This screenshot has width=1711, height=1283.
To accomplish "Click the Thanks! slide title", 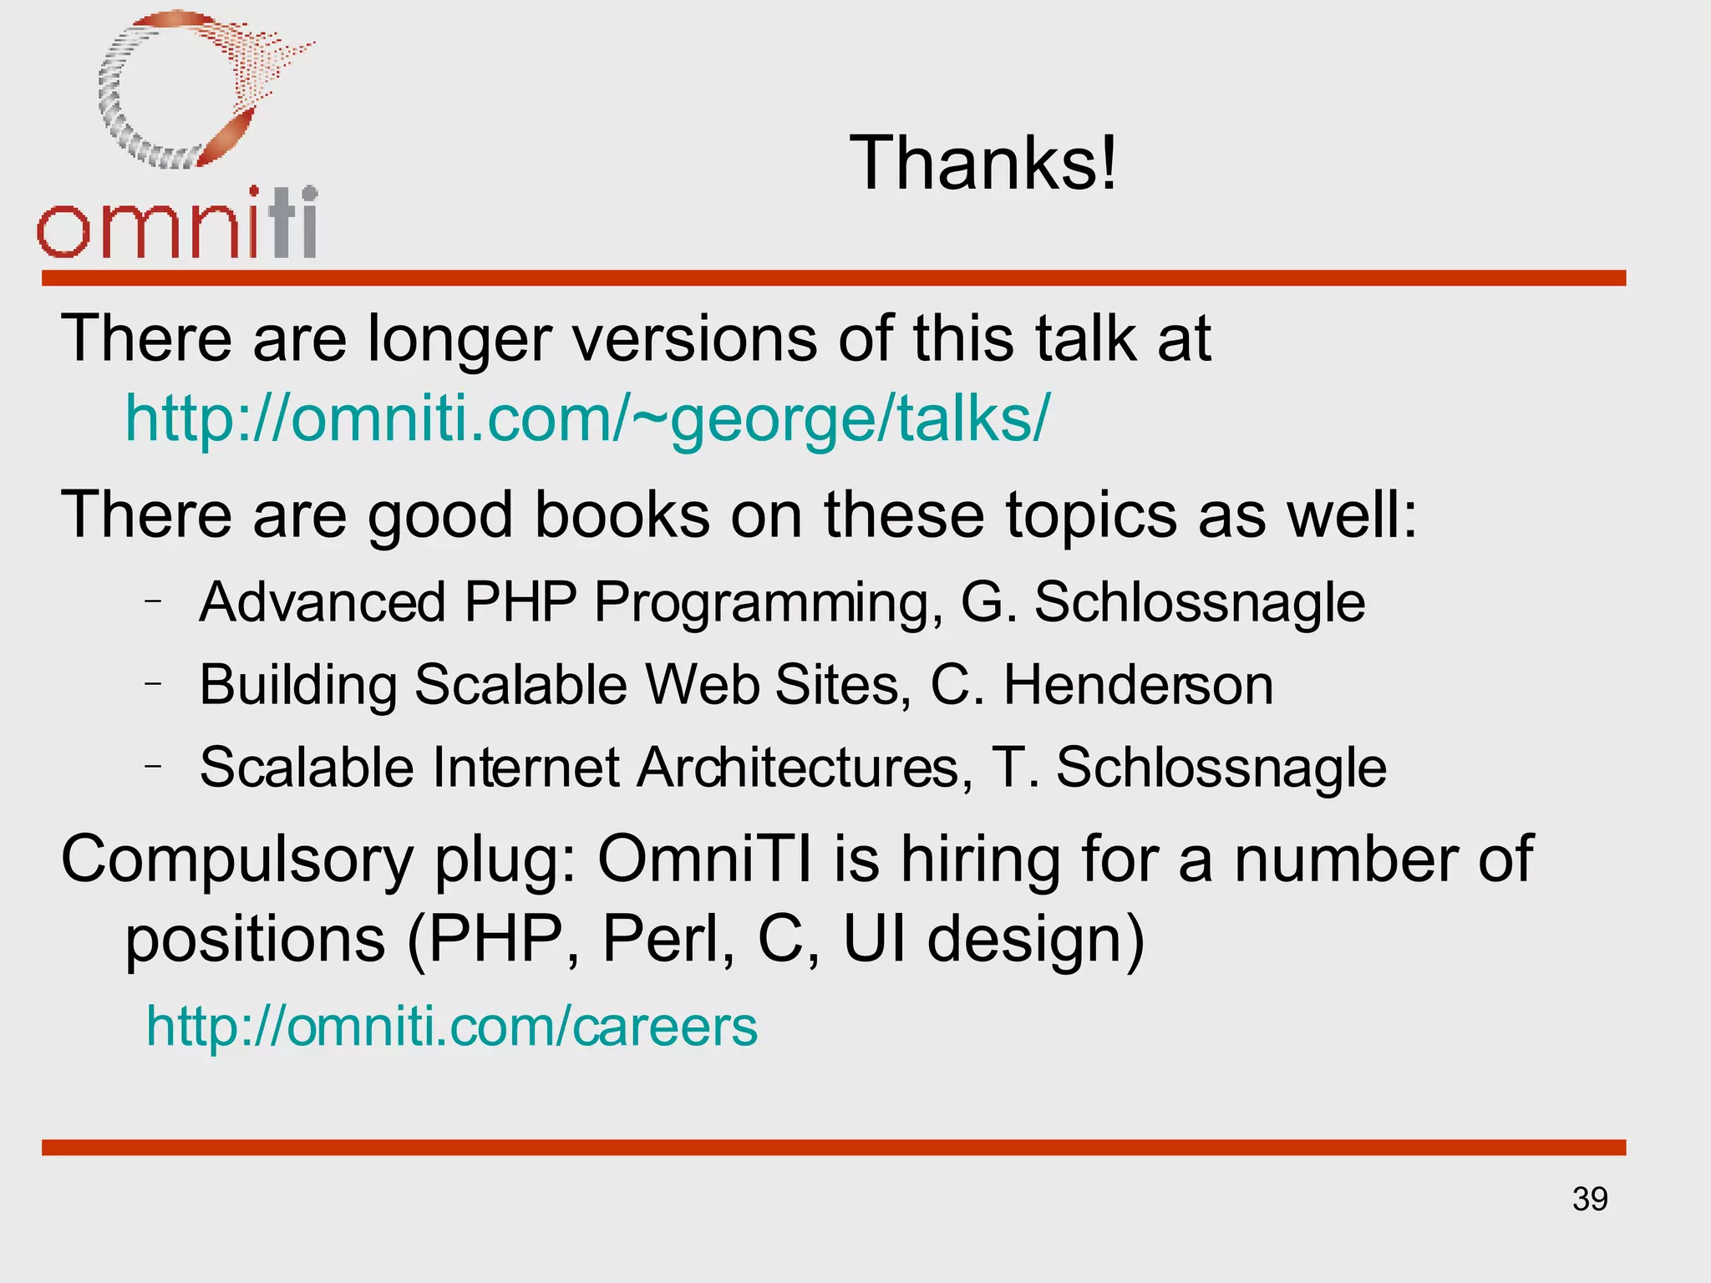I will click(983, 163).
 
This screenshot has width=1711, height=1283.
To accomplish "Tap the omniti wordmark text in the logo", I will click(177, 224).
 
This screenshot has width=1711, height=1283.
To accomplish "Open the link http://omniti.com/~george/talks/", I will click(586, 418).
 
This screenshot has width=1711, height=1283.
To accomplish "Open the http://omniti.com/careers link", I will click(452, 1026).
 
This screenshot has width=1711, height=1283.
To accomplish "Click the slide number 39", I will click(1590, 1199).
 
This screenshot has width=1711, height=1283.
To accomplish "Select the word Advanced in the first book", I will click(322, 601).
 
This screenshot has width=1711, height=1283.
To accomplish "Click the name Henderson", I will click(1138, 685).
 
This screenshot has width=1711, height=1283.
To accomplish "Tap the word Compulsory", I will click(236, 860).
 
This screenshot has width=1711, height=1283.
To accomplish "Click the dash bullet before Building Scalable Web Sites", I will click(152, 683).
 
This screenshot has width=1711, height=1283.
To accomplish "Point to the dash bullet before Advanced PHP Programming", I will click(152, 601).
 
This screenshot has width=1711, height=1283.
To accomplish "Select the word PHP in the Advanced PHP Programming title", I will click(520, 601).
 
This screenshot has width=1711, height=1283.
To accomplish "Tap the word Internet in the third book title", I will click(525, 767).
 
